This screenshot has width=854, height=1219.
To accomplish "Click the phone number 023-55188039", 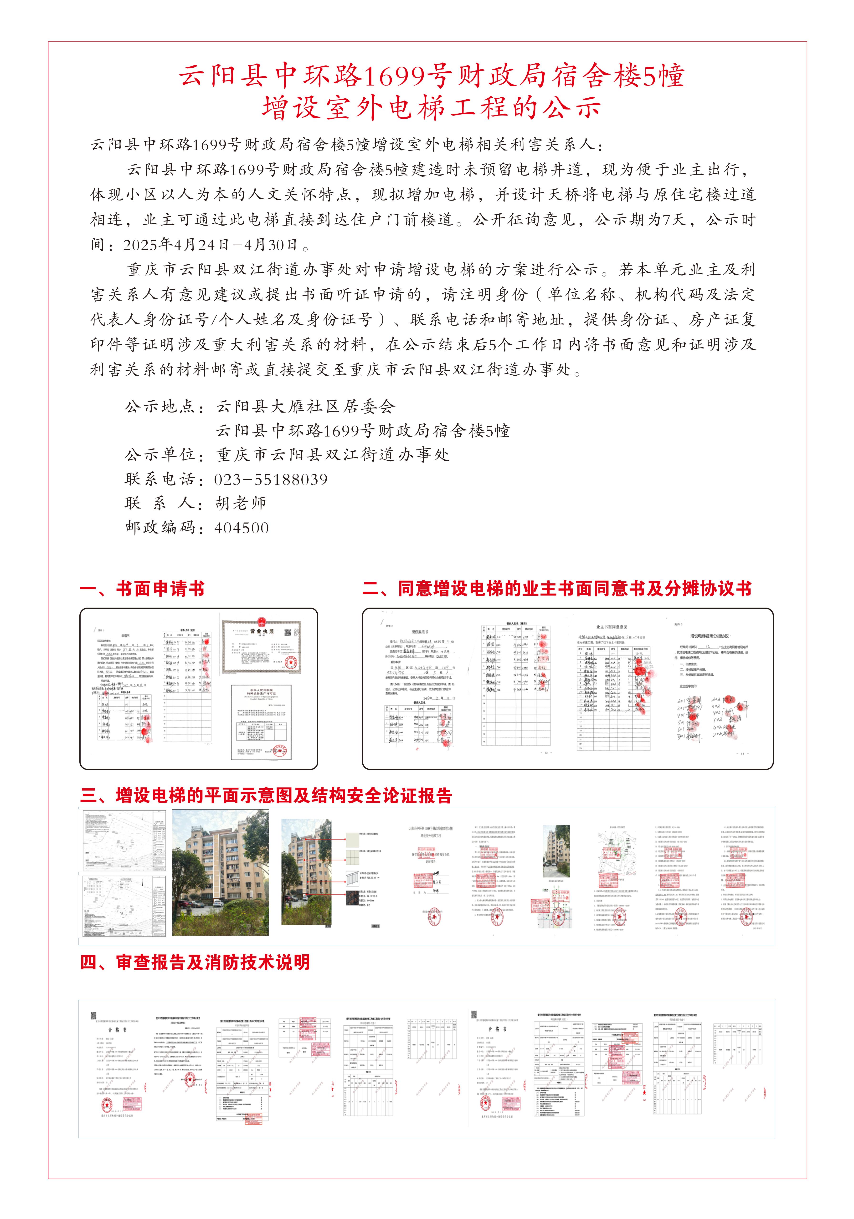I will click(271, 479).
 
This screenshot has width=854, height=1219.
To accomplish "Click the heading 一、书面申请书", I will click(142, 589).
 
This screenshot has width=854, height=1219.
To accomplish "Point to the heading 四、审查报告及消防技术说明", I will click(195, 962).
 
